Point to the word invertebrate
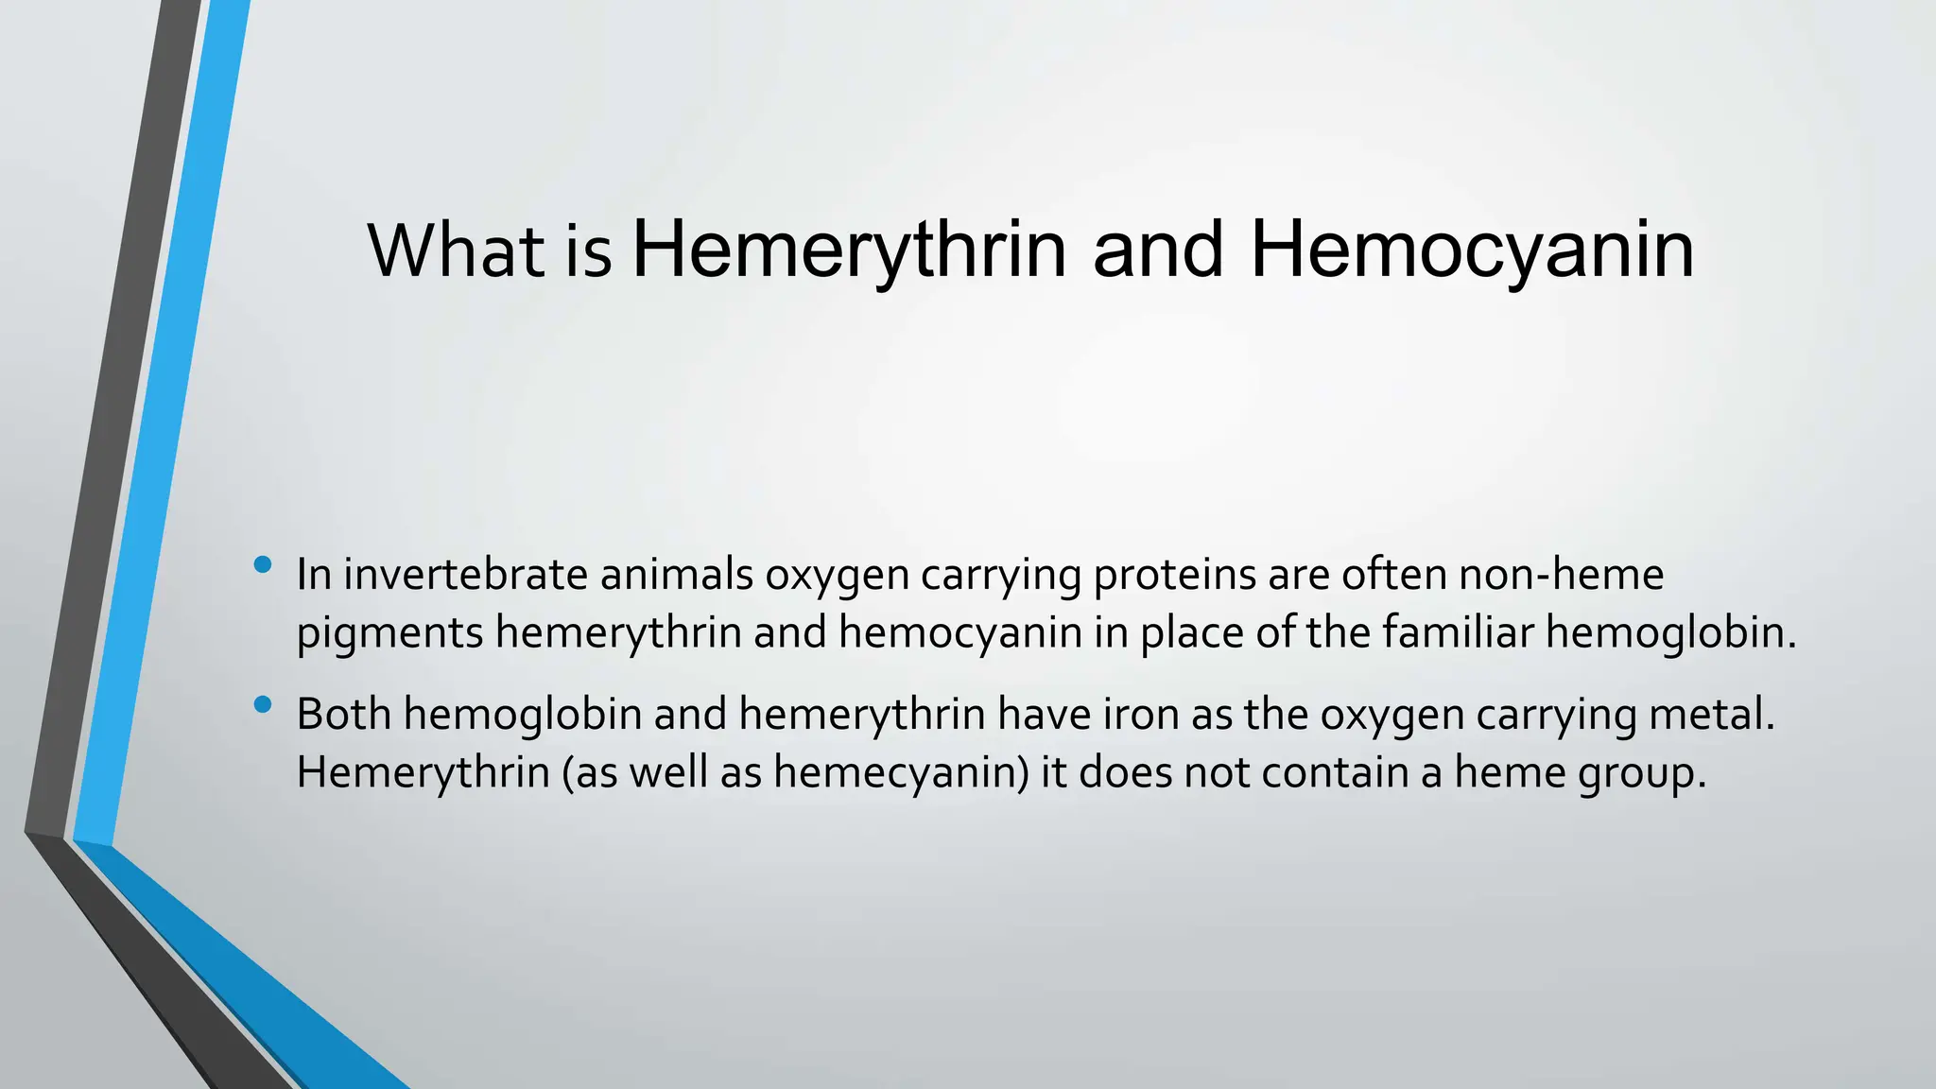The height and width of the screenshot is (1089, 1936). [x=465, y=575]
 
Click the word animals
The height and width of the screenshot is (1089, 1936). [x=676, y=575]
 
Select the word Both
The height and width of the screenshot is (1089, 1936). [x=344, y=714]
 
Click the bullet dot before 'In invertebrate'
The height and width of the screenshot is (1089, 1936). [x=263, y=565]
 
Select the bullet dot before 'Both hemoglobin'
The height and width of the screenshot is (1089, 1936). [x=263, y=704]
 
